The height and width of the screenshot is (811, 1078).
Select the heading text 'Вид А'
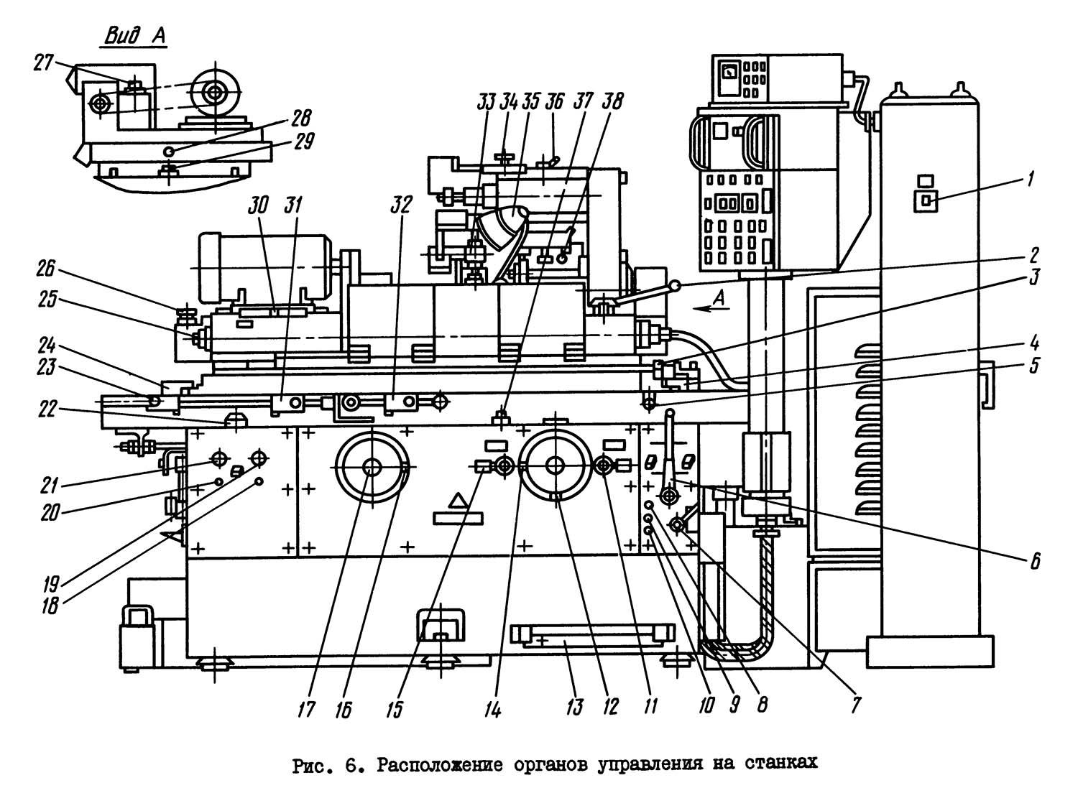(x=136, y=37)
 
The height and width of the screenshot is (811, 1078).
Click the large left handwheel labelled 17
(x=372, y=468)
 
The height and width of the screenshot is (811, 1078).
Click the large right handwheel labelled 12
(x=554, y=465)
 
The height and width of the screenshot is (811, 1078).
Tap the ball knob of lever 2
(x=675, y=287)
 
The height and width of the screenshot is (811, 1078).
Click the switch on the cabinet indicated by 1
(x=925, y=201)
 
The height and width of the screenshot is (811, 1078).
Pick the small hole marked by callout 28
(x=168, y=151)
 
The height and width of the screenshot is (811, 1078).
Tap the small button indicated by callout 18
(x=259, y=481)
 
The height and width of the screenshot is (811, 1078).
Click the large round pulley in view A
(x=214, y=91)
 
